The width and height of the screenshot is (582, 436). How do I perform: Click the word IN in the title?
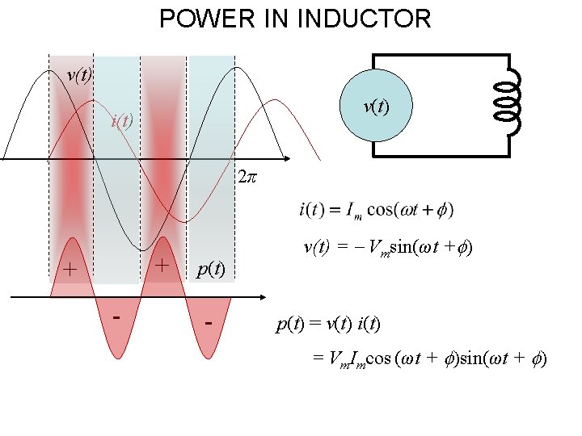pos(266,18)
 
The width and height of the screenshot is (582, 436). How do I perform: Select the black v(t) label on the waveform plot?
pos(79,75)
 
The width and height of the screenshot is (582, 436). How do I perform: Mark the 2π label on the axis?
pos(247,176)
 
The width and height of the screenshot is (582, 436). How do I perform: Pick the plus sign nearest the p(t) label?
pos(162,265)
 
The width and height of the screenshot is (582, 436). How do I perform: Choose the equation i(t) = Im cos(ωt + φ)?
pos(376,210)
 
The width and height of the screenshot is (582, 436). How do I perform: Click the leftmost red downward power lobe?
pos(116,331)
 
